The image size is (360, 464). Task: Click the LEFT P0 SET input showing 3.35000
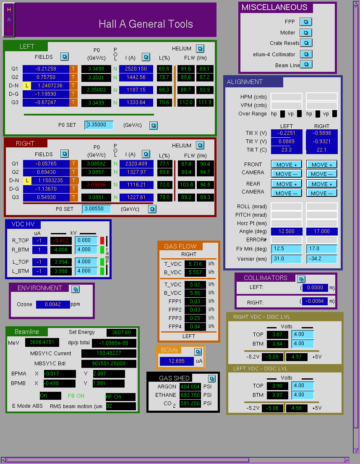99,125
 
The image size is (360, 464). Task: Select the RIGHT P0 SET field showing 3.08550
97,209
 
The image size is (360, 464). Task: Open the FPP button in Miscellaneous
306,22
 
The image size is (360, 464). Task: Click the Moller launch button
306,33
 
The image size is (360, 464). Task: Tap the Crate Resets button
306,43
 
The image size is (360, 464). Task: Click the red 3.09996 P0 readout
97,185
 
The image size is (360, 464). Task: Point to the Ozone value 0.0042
53,304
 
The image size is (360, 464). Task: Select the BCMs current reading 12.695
177,361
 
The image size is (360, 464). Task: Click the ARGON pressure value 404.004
190,387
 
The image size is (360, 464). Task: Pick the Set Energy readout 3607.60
122,333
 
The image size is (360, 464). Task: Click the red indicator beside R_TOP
102,240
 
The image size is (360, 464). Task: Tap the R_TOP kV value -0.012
61,241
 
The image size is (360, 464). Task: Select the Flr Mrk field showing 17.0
321,249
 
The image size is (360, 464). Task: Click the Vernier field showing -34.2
321,259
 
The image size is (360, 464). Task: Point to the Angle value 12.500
287,231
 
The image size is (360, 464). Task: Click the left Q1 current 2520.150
136,69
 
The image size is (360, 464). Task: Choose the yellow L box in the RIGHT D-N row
27,181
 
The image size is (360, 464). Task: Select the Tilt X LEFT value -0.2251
287,133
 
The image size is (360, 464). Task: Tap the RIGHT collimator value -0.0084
315,301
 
